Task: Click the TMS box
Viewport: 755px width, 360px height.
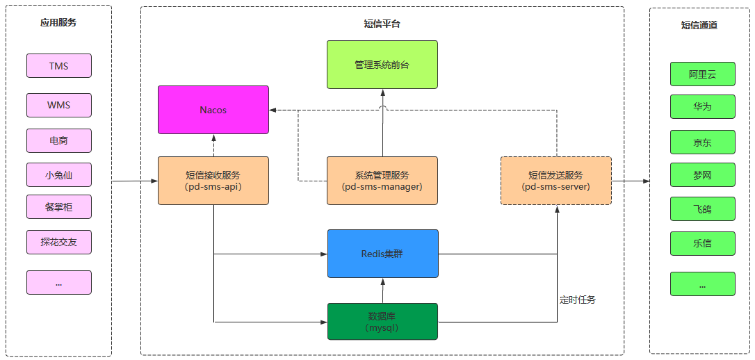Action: [58, 66]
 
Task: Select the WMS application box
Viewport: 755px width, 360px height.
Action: [58, 106]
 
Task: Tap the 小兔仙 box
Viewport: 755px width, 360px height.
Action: [58, 175]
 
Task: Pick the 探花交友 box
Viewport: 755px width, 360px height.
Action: [58, 242]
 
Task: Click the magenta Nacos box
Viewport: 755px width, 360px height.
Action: [213, 110]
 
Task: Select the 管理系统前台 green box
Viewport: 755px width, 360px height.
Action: [382, 65]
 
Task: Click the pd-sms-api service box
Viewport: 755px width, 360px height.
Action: [213, 181]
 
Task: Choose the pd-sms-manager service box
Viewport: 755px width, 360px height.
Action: [382, 181]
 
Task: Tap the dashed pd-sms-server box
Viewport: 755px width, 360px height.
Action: [556, 181]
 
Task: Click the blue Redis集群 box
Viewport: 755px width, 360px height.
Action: [383, 254]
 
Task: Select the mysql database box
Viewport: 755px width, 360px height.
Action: [383, 322]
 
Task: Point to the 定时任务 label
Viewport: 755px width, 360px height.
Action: [578, 300]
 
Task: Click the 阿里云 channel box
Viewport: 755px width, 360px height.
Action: [703, 74]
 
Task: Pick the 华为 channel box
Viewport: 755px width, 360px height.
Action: [703, 106]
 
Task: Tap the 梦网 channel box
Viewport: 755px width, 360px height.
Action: [703, 174]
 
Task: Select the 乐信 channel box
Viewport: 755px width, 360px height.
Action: [703, 243]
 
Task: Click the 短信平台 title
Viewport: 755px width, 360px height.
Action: [382, 24]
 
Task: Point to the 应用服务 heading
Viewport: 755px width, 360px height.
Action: [58, 22]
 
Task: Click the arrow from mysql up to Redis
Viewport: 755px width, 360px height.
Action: [383, 291]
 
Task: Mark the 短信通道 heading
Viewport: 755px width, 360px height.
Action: [699, 25]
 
